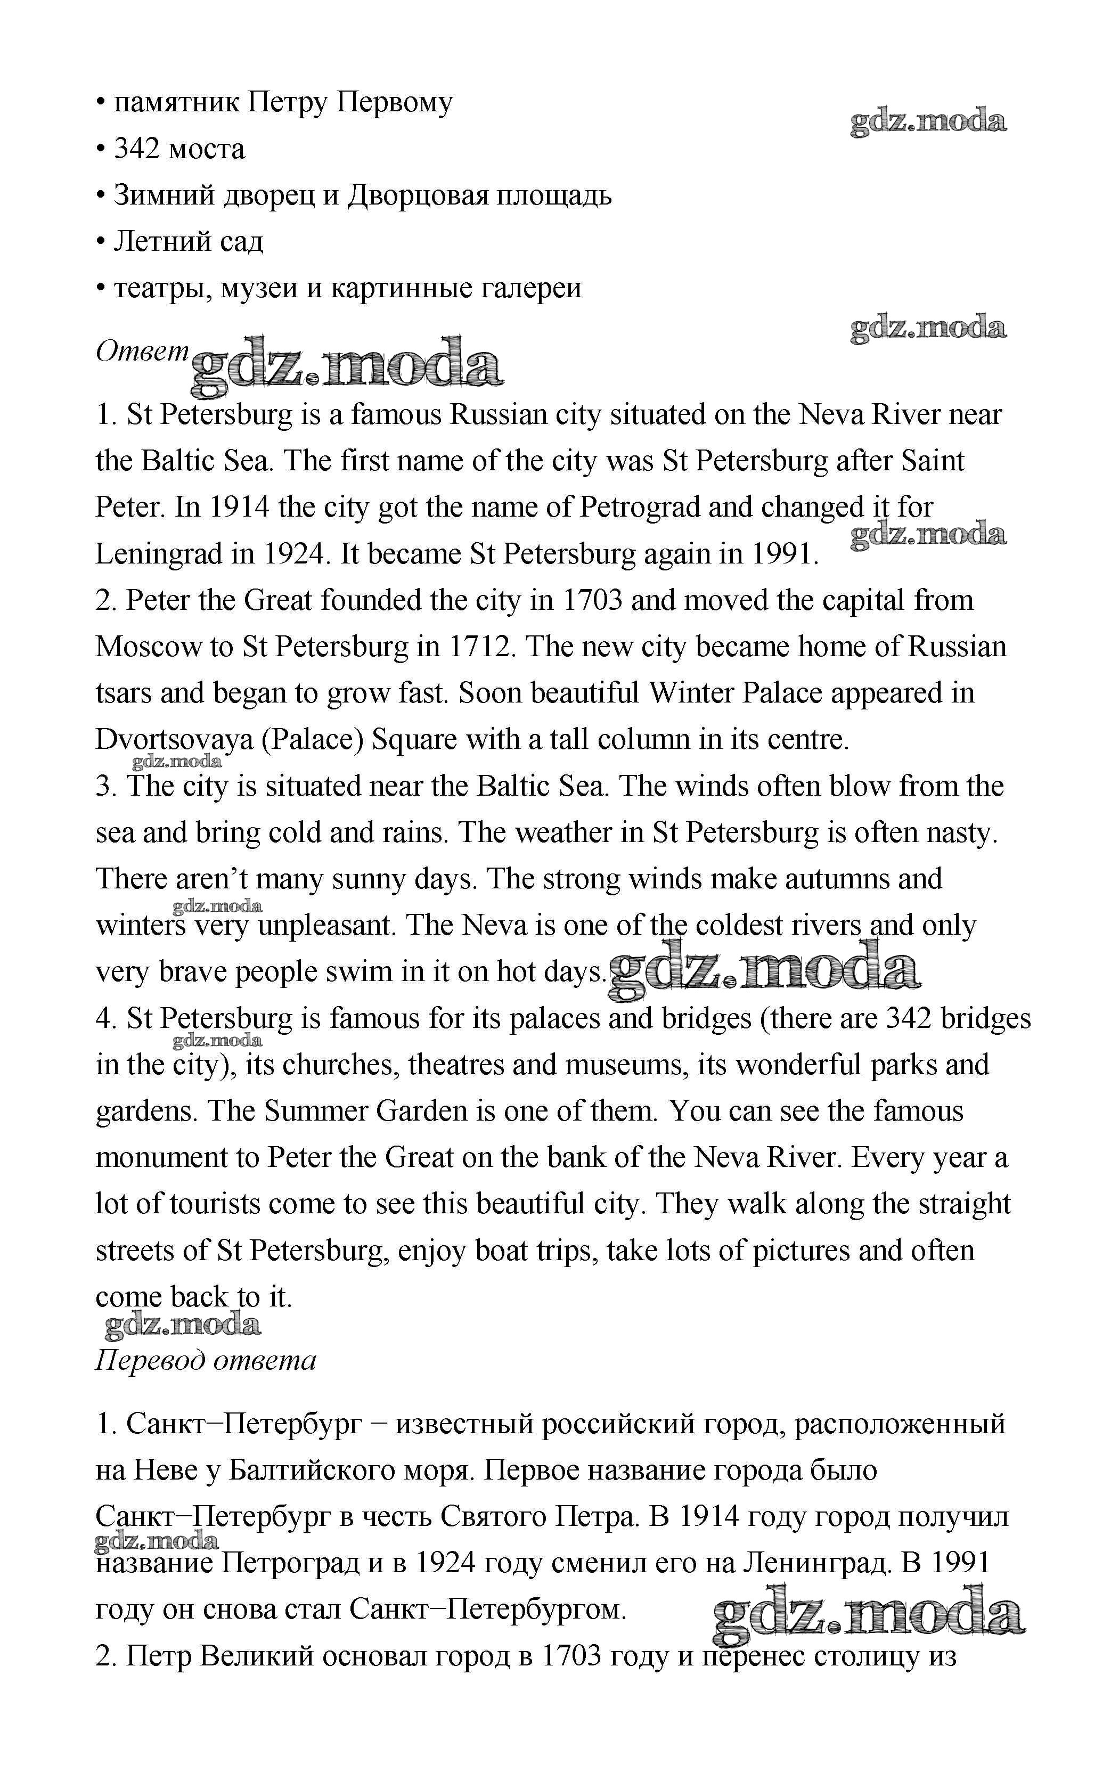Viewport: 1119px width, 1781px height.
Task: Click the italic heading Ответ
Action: click(x=143, y=352)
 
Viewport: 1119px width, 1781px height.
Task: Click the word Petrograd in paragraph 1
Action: click(x=640, y=508)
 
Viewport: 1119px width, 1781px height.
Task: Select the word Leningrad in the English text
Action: click(x=158, y=554)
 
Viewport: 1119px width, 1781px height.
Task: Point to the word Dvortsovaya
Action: click(x=174, y=740)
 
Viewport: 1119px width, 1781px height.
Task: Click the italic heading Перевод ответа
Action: click(x=206, y=1359)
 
